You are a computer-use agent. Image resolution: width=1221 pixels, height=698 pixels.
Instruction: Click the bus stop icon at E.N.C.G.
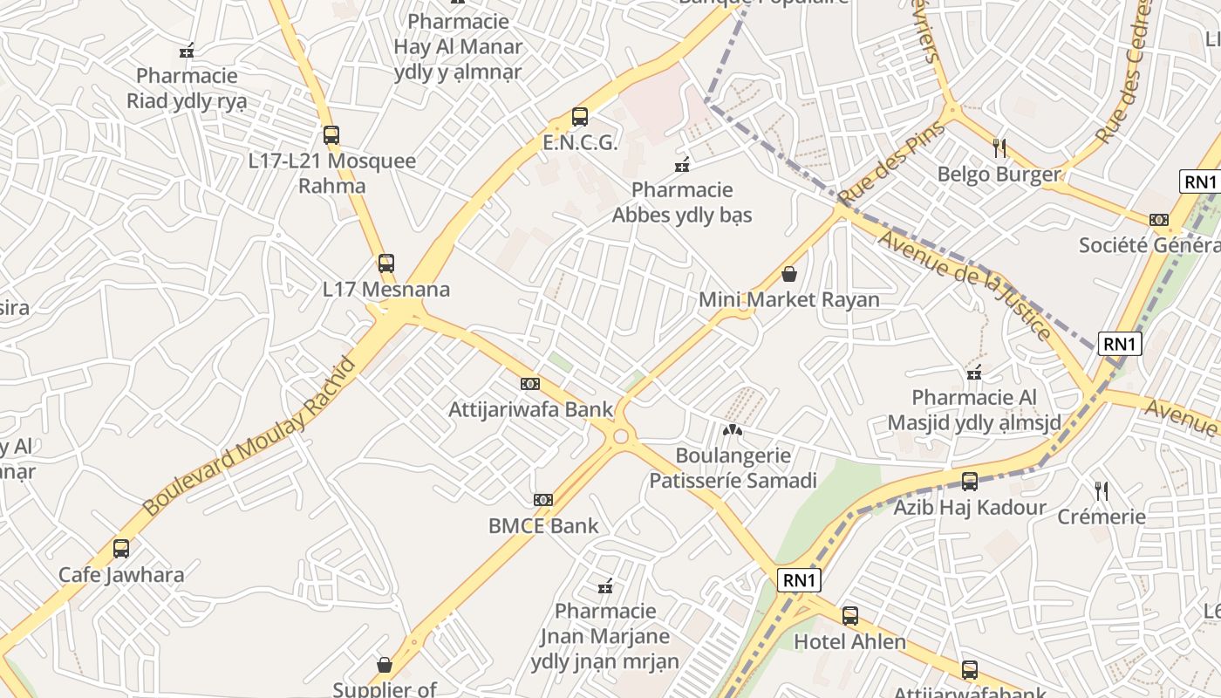579,117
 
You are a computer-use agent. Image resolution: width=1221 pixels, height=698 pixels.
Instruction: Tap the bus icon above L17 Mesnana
385,263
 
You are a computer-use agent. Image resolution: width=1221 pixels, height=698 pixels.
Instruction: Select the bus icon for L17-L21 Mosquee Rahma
331,135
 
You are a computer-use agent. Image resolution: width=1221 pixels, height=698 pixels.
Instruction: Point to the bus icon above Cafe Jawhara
121,549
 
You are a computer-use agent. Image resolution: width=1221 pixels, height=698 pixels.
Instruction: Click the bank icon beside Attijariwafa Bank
529,384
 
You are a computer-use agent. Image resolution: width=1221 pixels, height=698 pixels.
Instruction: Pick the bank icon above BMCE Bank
543,500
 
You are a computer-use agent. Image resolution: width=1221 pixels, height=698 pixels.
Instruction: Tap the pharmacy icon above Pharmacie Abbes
682,164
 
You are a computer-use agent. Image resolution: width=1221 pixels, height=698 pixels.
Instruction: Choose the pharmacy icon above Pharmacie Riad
186,51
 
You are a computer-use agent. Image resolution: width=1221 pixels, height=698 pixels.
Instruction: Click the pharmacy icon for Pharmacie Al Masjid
974,373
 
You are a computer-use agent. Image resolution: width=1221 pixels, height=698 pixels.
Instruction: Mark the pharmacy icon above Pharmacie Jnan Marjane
604,585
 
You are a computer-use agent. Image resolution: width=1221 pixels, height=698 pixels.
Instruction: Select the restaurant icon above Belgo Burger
999,148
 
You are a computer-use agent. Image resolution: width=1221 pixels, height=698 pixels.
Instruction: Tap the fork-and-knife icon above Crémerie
1102,491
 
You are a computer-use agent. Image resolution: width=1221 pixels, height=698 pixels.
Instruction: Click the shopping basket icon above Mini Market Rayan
789,274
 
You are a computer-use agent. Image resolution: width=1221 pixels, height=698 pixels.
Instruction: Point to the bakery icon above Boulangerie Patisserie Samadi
733,430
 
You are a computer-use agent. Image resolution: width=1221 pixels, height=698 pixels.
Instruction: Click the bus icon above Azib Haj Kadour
969,482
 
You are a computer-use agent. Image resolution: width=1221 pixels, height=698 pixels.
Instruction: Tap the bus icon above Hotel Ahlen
850,616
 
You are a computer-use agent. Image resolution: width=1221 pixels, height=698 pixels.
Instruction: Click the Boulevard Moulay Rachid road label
249,435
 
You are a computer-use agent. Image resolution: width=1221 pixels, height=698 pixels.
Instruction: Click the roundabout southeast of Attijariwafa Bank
621,436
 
